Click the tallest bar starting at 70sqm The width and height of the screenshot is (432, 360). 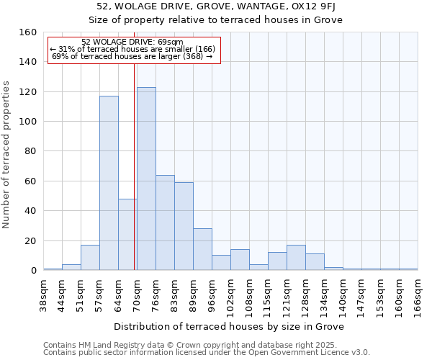146,179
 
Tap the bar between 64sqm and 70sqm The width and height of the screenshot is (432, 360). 127,234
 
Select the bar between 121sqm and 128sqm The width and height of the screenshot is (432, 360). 296,258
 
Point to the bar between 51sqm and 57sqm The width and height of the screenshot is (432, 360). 90,258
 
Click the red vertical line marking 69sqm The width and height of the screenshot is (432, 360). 135,166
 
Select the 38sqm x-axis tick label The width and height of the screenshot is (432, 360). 43,293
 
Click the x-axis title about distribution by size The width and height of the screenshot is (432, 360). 229,326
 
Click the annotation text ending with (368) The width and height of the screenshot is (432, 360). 132,56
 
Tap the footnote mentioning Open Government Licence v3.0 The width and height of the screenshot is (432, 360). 207,353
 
